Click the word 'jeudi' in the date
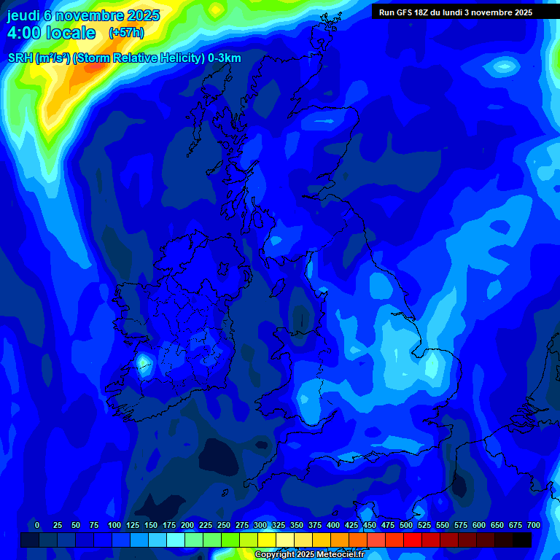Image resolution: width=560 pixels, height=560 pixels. coord(24,15)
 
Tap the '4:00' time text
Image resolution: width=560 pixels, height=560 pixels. coord(23,33)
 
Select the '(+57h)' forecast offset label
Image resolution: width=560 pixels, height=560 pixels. coord(126,33)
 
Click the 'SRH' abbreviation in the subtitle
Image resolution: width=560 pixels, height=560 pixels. coord(20,58)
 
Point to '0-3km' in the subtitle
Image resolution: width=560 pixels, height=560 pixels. coord(225,58)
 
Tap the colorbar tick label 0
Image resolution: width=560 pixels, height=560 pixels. coord(36,525)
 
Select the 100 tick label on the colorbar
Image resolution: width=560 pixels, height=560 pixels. coord(114,525)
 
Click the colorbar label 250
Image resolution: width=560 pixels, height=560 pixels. coord(223,525)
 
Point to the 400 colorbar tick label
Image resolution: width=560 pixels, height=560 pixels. coord(333,525)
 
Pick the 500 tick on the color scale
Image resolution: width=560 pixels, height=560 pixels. coord(406,525)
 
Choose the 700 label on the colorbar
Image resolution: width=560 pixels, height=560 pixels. coord(533,525)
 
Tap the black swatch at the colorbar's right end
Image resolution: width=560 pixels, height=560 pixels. coord(522,540)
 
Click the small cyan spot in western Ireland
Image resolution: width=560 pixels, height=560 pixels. coord(144,362)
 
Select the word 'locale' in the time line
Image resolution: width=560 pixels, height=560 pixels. coord(71,33)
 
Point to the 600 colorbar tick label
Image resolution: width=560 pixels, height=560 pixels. coord(479,525)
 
